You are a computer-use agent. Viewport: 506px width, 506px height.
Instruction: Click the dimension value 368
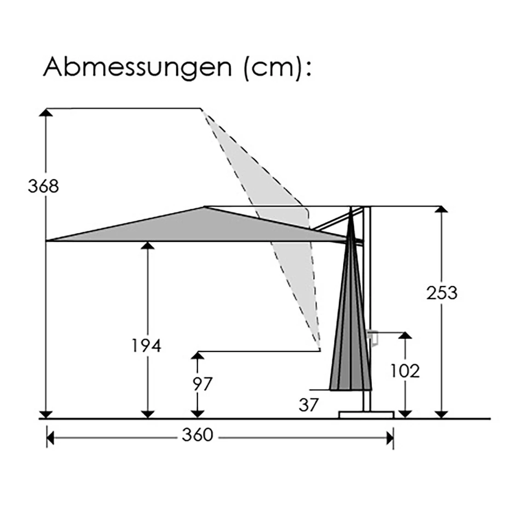click(43, 186)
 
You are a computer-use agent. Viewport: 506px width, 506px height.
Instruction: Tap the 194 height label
click(146, 346)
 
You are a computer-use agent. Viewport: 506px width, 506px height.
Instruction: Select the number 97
click(202, 384)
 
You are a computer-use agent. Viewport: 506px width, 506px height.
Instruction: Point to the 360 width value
click(197, 435)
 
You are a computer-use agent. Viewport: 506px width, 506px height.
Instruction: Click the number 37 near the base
click(309, 405)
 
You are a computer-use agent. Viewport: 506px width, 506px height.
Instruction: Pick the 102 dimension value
click(405, 371)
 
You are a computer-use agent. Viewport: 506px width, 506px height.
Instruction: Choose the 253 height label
click(442, 293)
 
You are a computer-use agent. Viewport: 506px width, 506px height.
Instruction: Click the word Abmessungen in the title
click(138, 68)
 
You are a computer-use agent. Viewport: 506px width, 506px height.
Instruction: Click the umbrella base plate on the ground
click(366, 414)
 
